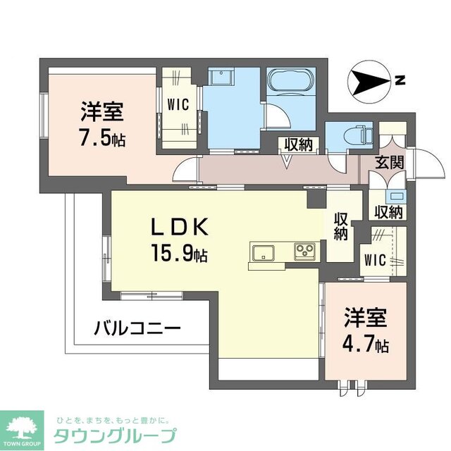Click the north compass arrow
click(368, 82)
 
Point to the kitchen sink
click(264, 252)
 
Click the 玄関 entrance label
click(388, 162)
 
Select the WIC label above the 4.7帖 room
click(374, 259)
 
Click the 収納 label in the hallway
click(297, 144)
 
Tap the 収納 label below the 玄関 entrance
click(388, 211)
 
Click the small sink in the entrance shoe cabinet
click(397, 196)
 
